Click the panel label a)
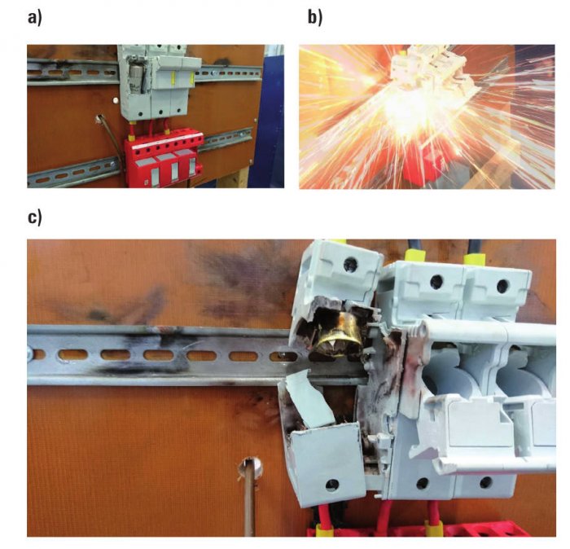35,17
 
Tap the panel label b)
315,17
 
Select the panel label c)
35,217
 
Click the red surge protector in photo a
164,160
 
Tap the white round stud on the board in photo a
116,100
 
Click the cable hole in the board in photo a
99,118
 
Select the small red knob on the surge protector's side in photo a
199,169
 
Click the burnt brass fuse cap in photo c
336,333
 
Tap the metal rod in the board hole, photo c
249,498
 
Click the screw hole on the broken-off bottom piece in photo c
332,485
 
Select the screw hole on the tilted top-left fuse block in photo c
350,262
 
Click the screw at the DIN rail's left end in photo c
29,353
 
